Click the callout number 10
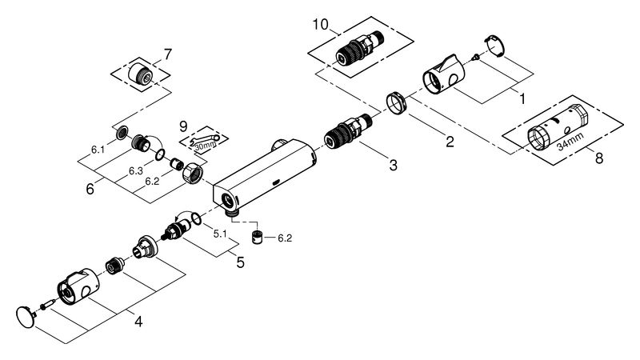pyautogui.click(x=321, y=25)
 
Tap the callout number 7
pyautogui.click(x=168, y=54)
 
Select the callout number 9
pyautogui.click(x=184, y=126)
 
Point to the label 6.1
pyautogui.click(x=98, y=150)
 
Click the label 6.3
pyautogui.click(x=135, y=170)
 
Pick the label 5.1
pyautogui.click(x=220, y=234)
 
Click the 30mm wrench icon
pyautogui.click(x=206, y=142)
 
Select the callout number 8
pyautogui.click(x=598, y=158)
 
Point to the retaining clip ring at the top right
pyautogui.click(x=494, y=46)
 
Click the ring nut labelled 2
pyautogui.click(x=395, y=104)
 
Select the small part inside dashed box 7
pyautogui.click(x=141, y=74)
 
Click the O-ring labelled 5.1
pyautogui.click(x=196, y=218)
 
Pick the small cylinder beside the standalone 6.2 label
pyautogui.click(x=257, y=238)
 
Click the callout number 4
pyautogui.click(x=138, y=322)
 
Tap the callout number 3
pyautogui.click(x=393, y=166)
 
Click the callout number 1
pyautogui.click(x=522, y=98)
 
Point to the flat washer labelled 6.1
pyautogui.click(x=122, y=133)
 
